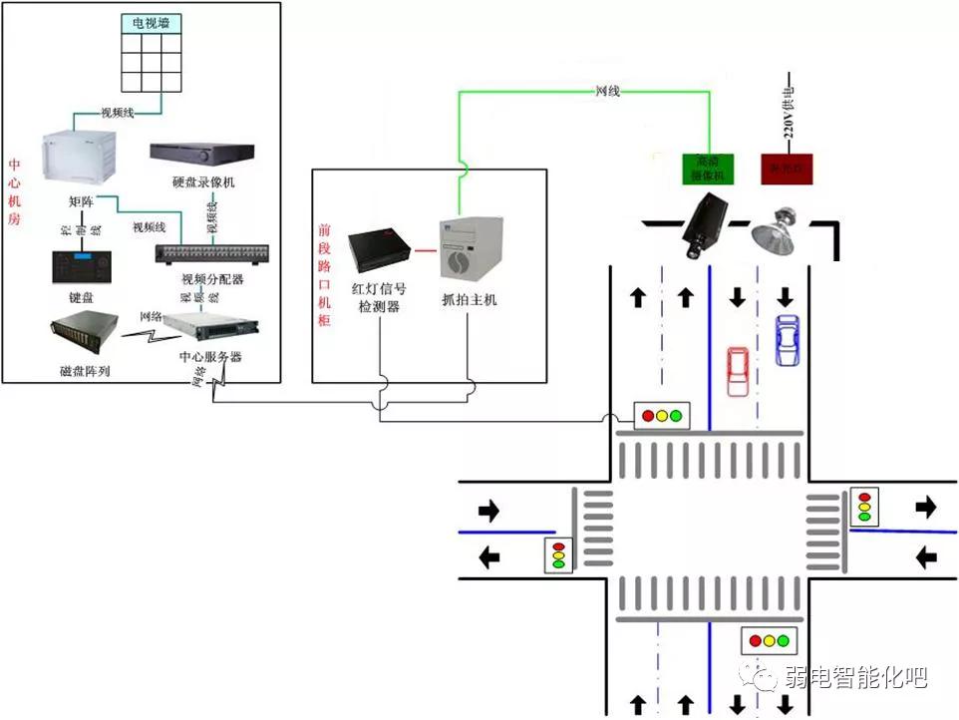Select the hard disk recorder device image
click(x=203, y=154)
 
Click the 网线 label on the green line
click(x=607, y=91)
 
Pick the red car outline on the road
click(x=737, y=371)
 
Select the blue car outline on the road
click(x=787, y=339)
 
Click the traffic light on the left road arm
click(x=558, y=553)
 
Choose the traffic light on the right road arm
click(x=864, y=506)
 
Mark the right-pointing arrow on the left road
click(x=488, y=512)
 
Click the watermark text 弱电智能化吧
click(x=856, y=677)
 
